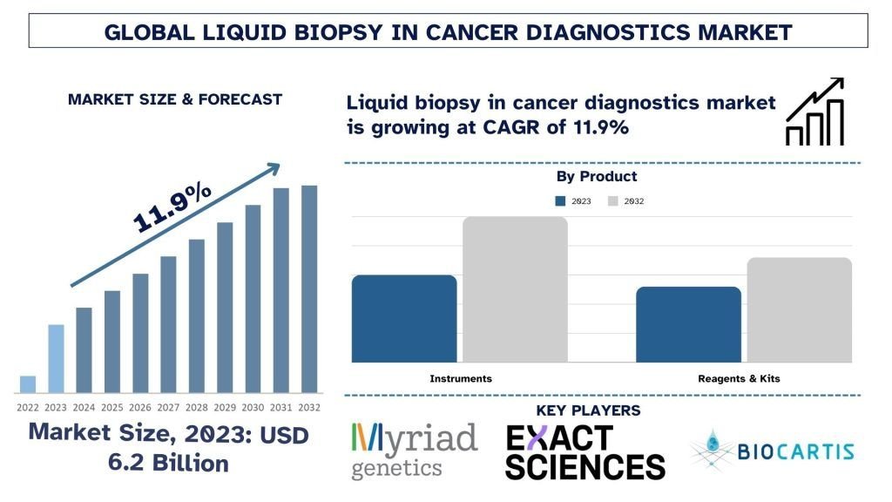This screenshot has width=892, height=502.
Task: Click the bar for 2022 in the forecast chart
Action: click(x=28, y=384)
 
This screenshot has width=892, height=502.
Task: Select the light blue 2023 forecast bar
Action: click(x=56, y=358)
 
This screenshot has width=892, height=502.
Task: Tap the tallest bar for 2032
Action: click(x=309, y=288)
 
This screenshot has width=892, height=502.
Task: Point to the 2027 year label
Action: click(x=168, y=407)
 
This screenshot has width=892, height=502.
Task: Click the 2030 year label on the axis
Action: click(x=253, y=407)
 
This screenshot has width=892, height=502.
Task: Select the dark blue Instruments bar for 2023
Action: click(x=404, y=318)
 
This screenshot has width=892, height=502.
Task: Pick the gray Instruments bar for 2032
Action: click(x=515, y=289)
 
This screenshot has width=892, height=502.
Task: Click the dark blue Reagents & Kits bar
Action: click(x=688, y=324)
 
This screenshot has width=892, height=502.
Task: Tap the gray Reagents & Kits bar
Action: click(x=799, y=309)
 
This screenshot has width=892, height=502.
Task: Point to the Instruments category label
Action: click(x=461, y=378)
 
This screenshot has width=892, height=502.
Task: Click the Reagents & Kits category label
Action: click(x=739, y=378)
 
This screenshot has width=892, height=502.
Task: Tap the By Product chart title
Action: click(x=597, y=177)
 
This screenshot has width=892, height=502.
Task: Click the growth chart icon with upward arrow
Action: click(x=814, y=112)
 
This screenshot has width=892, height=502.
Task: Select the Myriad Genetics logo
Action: click(x=414, y=451)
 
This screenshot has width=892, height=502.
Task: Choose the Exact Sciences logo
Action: click(x=585, y=451)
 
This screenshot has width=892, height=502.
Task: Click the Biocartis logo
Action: click(x=772, y=451)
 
